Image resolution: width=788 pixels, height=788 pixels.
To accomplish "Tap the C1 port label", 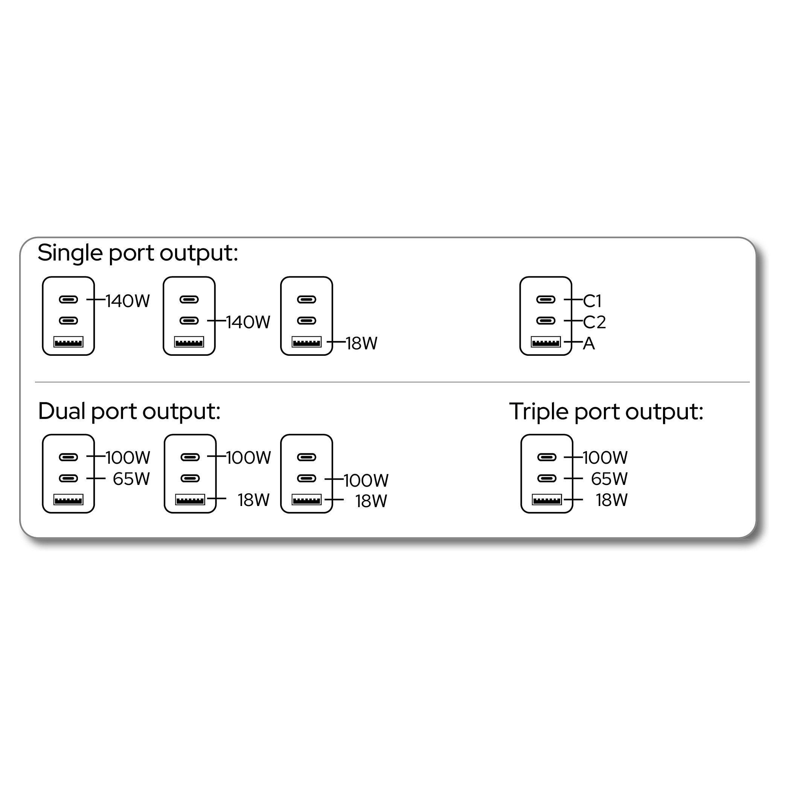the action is pyautogui.click(x=592, y=302).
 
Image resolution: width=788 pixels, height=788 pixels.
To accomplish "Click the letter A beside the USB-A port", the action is pyautogui.click(x=589, y=344).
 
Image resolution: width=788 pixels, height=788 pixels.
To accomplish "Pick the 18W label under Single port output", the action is pyautogui.click(x=362, y=344).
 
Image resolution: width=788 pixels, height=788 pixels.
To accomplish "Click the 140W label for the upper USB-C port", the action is pyautogui.click(x=128, y=302).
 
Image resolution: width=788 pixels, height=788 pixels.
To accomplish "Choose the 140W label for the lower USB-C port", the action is pyautogui.click(x=248, y=323).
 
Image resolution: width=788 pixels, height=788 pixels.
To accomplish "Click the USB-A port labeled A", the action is pyautogui.click(x=546, y=342).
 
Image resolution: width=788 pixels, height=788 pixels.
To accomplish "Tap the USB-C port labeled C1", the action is pyautogui.click(x=546, y=300).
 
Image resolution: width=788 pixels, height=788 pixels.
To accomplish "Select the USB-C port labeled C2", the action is pyautogui.click(x=546, y=321).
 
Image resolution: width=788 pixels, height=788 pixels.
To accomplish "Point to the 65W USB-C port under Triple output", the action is pyautogui.click(x=547, y=479).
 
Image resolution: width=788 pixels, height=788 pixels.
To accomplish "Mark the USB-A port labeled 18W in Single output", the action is pyautogui.click(x=307, y=342).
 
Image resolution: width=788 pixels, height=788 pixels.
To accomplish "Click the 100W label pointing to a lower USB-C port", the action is pyautogui.click(x=366, y=481).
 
